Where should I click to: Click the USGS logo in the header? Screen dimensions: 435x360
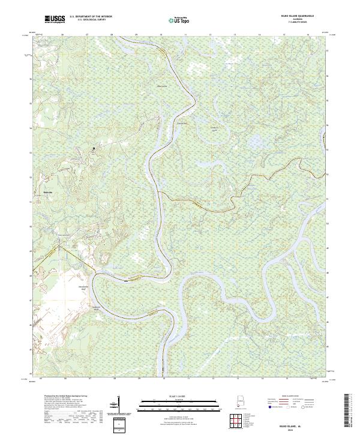[x=55, y=20]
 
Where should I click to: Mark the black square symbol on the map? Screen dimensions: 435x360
[x=94, y=148]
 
